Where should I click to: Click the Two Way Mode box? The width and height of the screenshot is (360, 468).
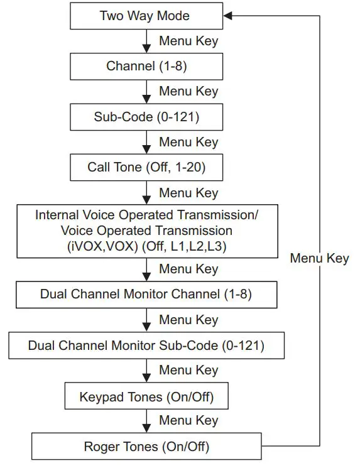[x=146, y=16]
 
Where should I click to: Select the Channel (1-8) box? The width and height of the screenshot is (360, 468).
[x=146, y=66]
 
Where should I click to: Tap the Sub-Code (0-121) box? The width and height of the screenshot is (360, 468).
[x=146, y=117]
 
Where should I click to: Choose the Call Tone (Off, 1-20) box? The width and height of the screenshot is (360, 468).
[x=146, y=168]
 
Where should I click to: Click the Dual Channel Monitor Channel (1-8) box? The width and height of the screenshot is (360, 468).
[x=146, y=294]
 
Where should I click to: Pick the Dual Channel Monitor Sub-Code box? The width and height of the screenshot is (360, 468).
[x=146, y=346]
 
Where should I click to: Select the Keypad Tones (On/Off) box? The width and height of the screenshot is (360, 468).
[x=146, y=397]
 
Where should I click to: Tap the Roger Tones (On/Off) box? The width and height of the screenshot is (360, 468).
[x=146, y=447]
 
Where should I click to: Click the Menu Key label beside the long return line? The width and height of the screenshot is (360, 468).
[x=319, y=258]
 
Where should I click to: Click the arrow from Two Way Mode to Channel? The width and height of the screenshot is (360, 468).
[x=146, y=41]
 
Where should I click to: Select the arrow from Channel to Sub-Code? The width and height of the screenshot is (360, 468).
[x=146, y=92]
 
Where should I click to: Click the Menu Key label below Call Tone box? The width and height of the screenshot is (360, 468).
[x=188, y=193]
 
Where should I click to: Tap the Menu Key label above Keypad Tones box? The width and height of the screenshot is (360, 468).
[x=188, y=371]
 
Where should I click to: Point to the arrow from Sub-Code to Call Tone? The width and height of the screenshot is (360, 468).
[x=146, y=143]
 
